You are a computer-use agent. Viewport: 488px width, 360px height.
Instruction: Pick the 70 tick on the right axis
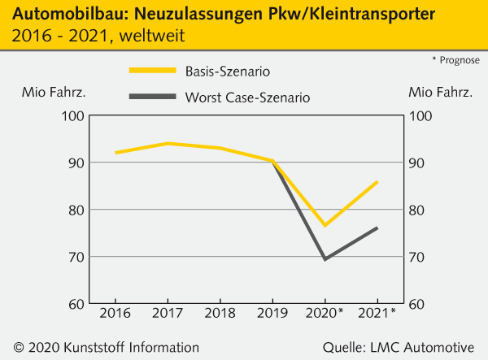pos(423,257)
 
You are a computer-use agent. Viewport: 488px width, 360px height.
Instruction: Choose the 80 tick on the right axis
pos(423,210)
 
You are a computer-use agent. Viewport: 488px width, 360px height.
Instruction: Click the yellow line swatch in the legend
pos(152,71)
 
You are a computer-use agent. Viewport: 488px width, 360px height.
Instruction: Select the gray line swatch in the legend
pos(152,97)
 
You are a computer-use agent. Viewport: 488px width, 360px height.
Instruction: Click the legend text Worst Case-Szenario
pos(247,98)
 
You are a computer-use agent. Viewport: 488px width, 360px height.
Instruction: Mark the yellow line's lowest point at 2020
pos(325,225)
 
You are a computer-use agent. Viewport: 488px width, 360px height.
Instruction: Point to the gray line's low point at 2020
pos(325,259)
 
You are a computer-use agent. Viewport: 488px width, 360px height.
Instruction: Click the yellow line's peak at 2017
pos(168,143)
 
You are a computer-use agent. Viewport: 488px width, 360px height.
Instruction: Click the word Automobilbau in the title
pos(59,14)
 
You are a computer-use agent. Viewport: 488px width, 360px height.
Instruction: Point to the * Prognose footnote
pos(455,61)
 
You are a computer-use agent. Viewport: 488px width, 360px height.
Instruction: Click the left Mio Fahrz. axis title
pos(54,91)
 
